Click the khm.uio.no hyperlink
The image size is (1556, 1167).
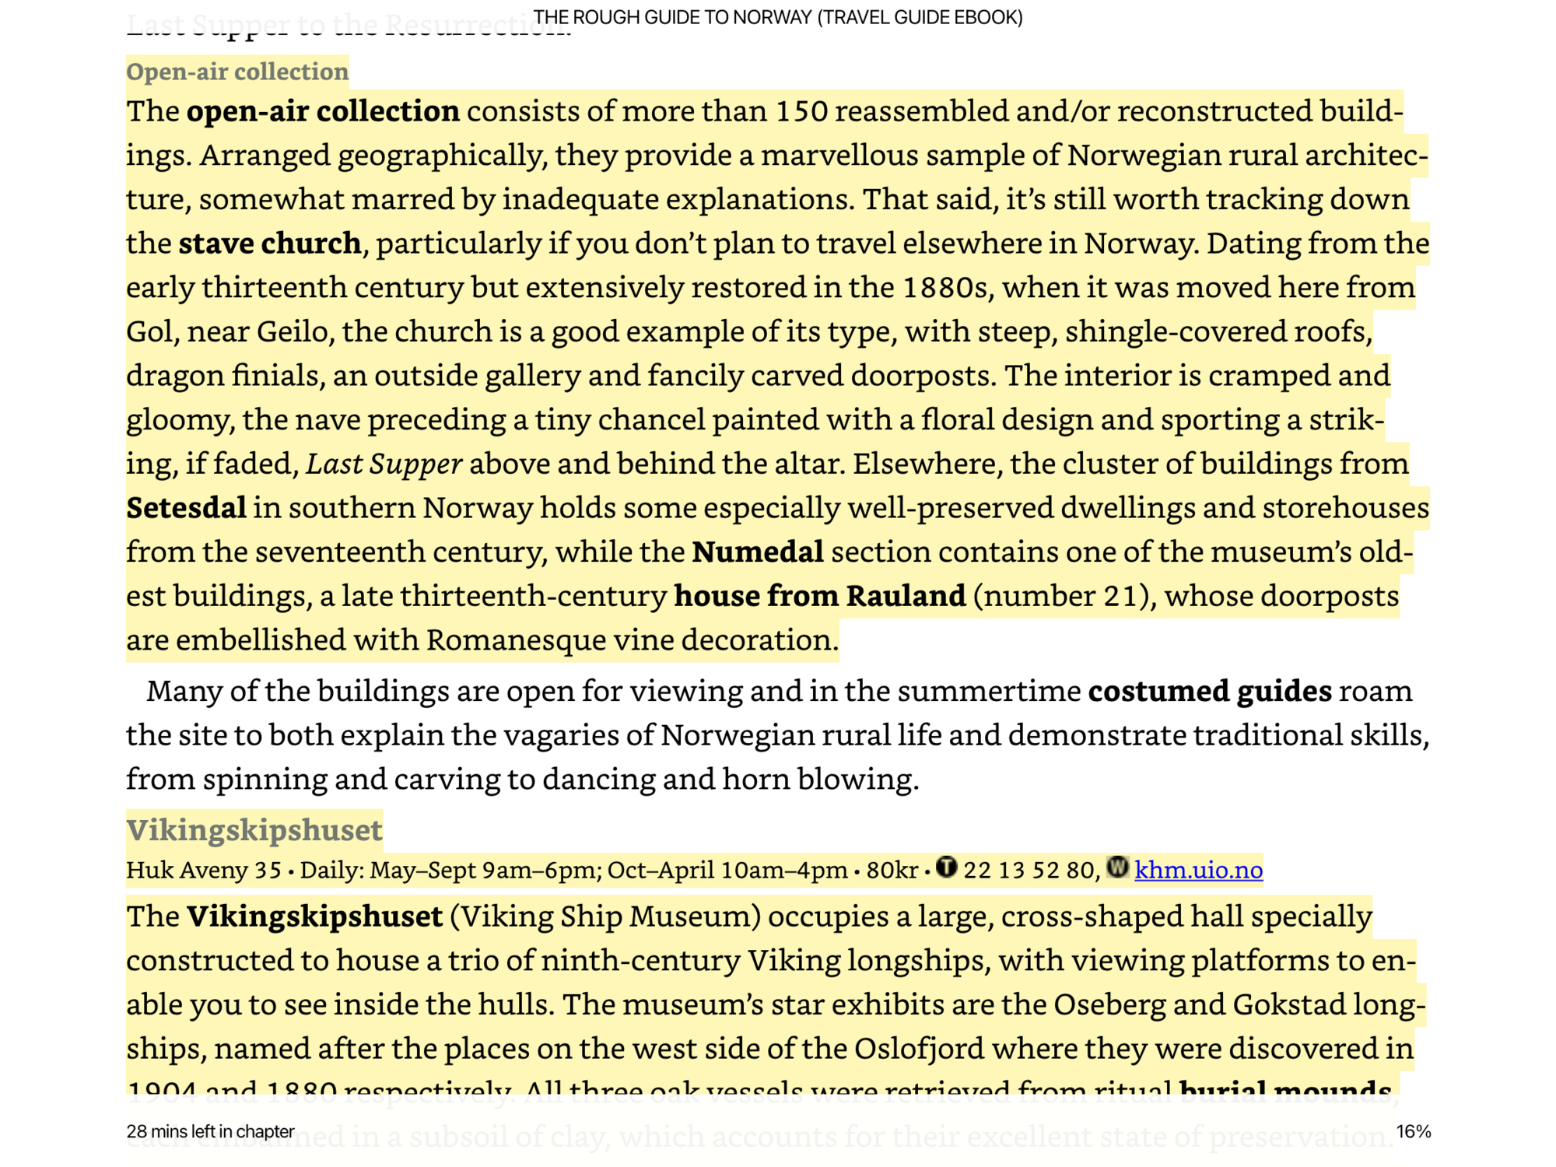1198,870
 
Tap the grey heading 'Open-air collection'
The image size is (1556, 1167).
237,72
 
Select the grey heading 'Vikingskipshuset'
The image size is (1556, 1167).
254,829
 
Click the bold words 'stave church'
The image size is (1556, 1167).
270,244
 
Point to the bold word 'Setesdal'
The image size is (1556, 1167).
187,508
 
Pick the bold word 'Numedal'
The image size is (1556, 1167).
758,552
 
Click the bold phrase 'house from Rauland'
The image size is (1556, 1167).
819,596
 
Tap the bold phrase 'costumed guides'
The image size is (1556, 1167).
1209,691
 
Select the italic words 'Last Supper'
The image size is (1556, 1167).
384,464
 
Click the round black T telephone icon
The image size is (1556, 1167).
946,867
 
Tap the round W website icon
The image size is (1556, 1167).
1117,867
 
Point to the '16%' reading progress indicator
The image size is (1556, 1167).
1413,1131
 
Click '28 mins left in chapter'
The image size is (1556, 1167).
210,1131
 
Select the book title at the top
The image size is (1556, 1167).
778,17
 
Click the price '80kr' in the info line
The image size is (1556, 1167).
892,870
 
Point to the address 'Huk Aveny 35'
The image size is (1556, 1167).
204,870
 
